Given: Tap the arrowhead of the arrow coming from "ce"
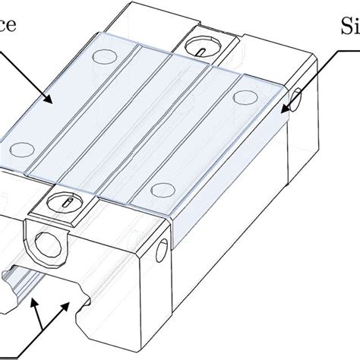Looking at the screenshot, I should click(x=52, y=100).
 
